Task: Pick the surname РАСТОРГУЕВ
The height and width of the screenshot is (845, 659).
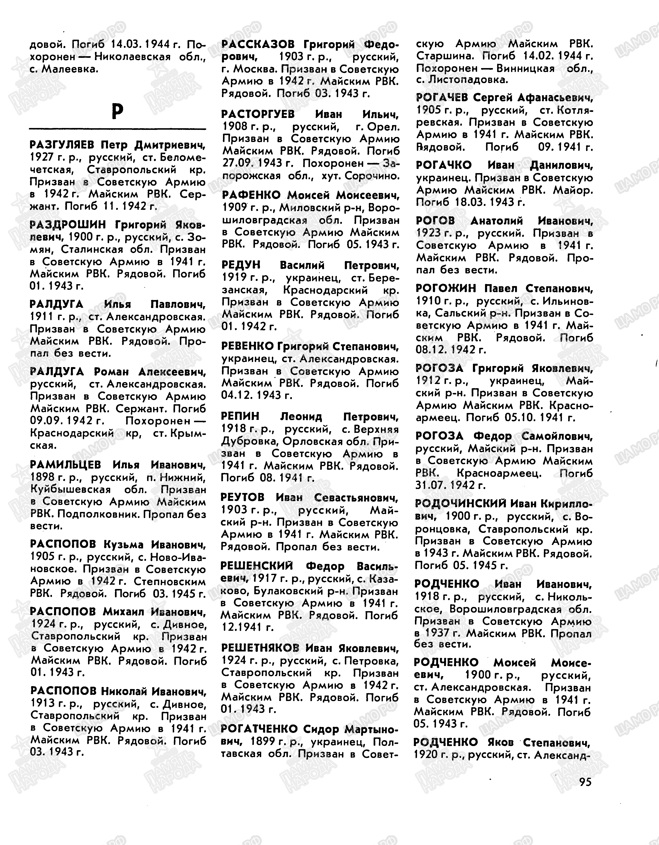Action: click(x=258, y=114)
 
